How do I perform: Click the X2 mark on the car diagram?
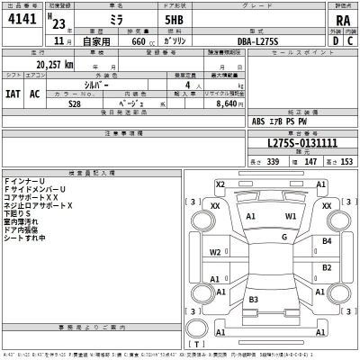coord(220,184)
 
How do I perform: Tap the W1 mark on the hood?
coord(291,217)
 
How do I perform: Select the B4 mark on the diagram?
coord(327,241)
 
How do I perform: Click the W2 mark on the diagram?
coord(216,253)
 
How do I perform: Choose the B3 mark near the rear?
coord(254,299)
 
